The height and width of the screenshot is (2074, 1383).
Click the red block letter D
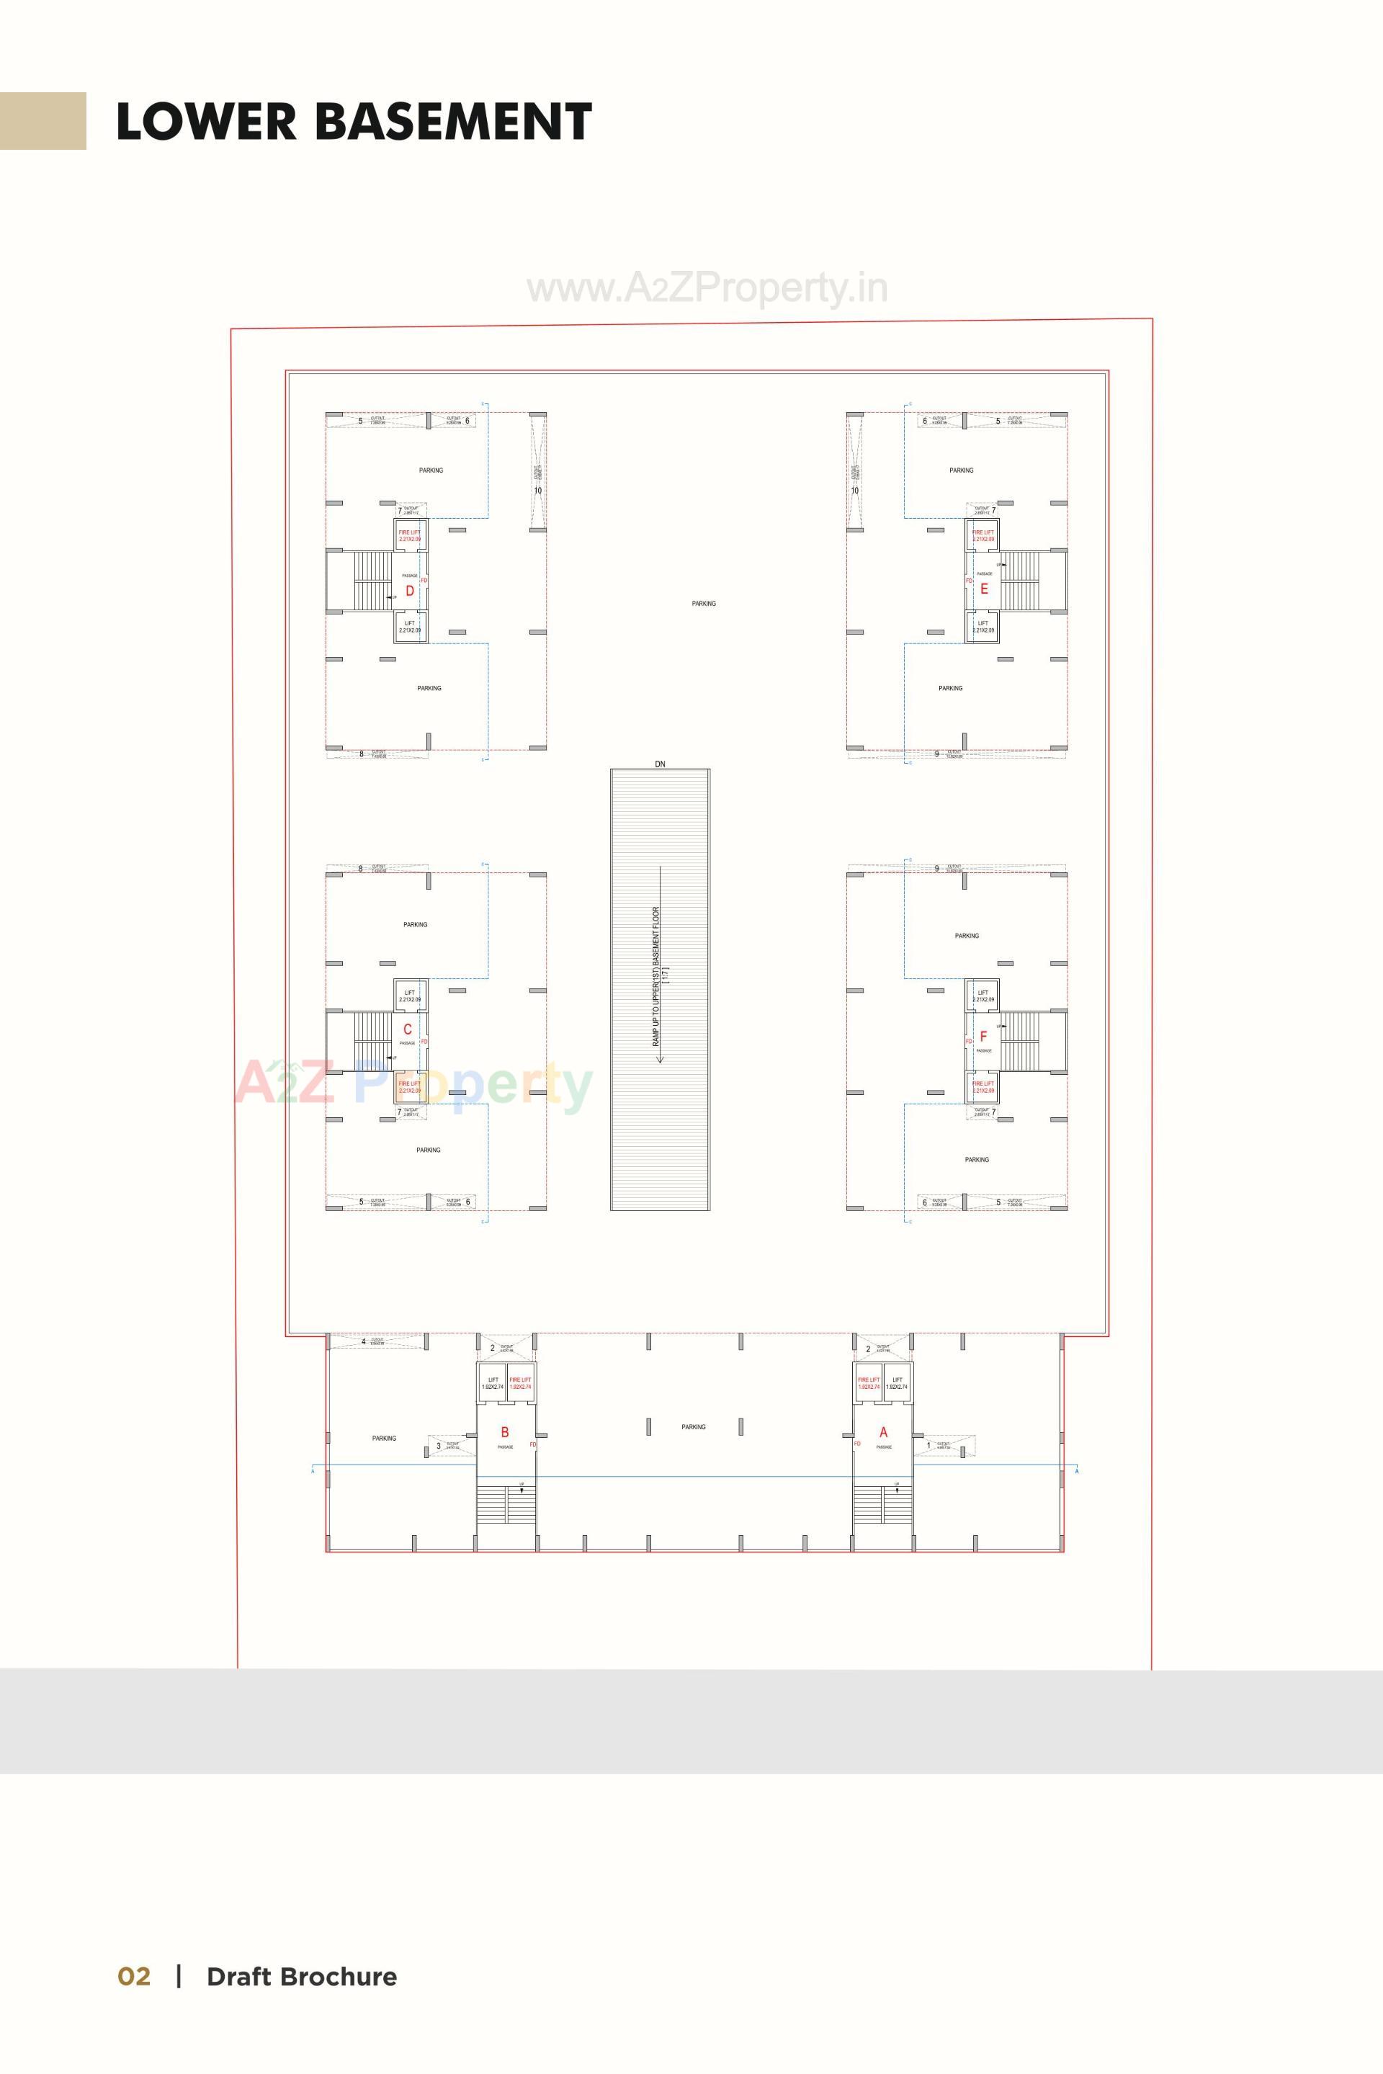point(409,591)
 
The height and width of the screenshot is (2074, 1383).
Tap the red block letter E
point(985,589)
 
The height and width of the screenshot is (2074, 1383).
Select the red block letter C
point(408,1029)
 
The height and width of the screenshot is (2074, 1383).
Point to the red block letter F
point(983,1037)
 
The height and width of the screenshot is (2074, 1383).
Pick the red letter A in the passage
point(883,1433)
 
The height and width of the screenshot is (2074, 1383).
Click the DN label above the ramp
point(660,764)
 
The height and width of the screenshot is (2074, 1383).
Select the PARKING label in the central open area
point(703,604)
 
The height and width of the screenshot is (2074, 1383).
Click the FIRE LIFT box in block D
point(410,535)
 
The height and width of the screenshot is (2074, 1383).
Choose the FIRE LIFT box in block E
point(983,535)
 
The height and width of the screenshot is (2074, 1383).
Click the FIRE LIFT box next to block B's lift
point(520,1383)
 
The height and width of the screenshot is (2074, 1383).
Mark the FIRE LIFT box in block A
point(869,1383)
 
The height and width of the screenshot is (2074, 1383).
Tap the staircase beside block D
point(372,581)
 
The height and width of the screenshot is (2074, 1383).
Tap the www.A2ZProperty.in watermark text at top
point(707,288)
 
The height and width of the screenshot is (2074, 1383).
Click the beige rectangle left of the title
point(42,121)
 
